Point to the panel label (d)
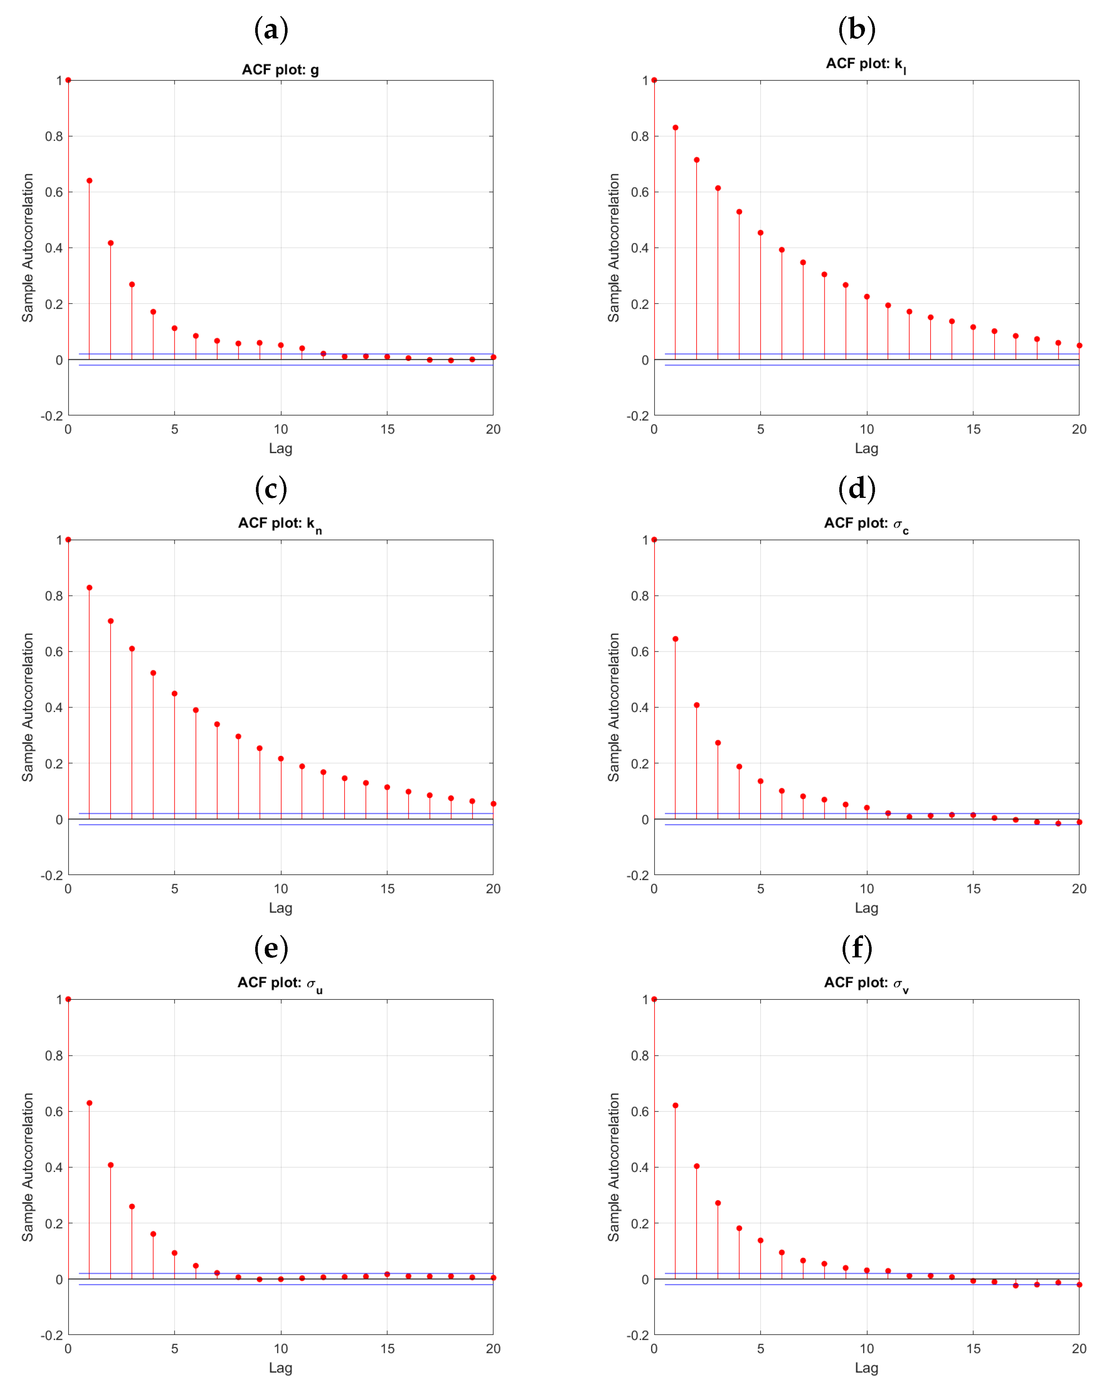point(857,489)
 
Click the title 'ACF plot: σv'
point(866,983)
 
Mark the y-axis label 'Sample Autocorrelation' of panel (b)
point(614,248)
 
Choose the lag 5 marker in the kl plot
point(760,233)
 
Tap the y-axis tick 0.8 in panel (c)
point(54,596)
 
